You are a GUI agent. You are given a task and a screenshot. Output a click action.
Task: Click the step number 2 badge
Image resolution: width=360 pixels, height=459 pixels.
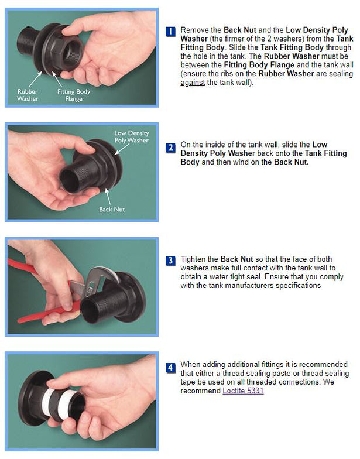click(x=170, y=148)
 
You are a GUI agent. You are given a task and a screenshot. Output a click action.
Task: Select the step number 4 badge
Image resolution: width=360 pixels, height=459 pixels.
click(x=170, y=368)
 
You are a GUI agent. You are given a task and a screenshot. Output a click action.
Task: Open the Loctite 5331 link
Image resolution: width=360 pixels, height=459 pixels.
click(x=243, y=390)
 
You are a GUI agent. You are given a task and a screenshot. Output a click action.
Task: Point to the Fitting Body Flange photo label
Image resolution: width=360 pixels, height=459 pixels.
click(x=73, y=95)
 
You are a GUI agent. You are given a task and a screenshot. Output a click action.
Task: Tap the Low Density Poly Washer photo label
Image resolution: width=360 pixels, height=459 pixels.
click(x=131, y=137)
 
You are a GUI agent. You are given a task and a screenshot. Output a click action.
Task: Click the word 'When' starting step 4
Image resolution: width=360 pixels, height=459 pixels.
click(x=191, y=364)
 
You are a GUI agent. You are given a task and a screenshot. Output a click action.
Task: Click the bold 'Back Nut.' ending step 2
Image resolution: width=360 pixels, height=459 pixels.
click(x=291, y=162)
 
